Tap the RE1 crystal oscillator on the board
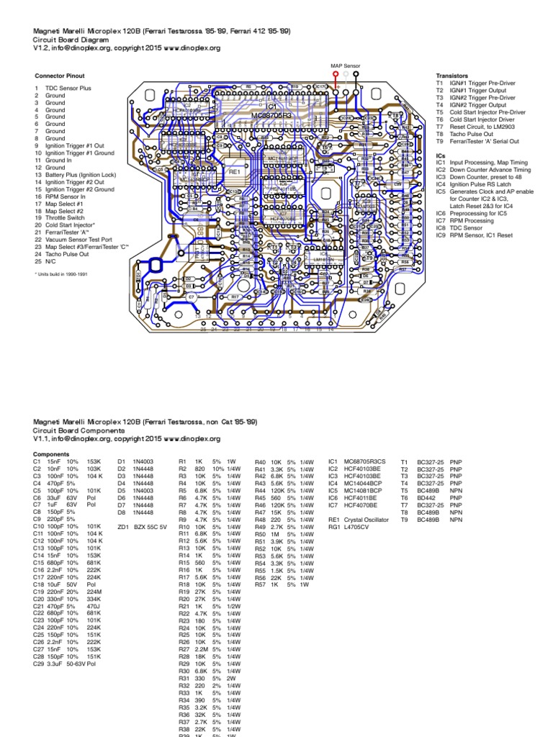point(234,173)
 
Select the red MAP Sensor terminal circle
point(336,73)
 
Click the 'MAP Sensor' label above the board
point(345,65)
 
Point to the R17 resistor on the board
point(235,297)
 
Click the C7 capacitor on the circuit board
point(191,297)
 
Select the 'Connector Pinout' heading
point(60,76)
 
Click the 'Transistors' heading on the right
point(452,76)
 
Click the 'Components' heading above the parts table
point(51,455)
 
